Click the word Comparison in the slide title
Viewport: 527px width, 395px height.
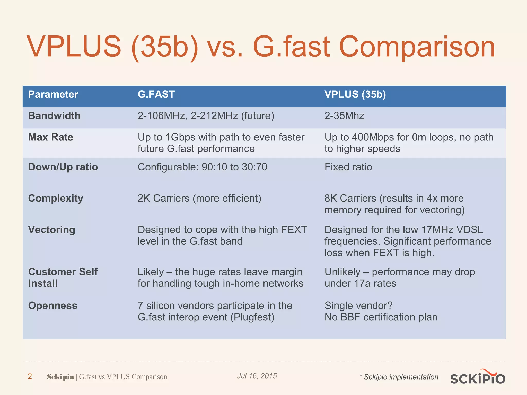click(x=417, y=47)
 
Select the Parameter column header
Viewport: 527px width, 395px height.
click(x=53, y=94)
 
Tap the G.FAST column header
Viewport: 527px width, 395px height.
click(x=156, y=94)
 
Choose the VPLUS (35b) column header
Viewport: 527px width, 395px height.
click(x=355, y=94)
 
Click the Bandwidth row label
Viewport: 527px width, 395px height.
click(x=54, y=116)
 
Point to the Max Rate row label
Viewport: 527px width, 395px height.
click(x=51, y=137)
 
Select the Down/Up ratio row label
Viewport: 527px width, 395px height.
click(x=63, y=167)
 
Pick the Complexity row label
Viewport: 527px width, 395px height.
click(x=56, y=198)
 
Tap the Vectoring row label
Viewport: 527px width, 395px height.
click(x=52, y=230)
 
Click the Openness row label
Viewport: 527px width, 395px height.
click(x=53, y=306)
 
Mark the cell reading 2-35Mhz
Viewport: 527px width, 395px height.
click(x=344, y=116)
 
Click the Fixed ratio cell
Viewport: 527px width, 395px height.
click(x=348, y=167)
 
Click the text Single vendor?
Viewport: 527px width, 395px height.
click(x=358, y=306)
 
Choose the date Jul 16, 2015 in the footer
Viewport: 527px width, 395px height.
click(x=257, y=376)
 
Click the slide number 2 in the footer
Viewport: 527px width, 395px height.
click(x=30, y=376)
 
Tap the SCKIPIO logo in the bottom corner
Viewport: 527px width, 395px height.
click(x=478, y=377)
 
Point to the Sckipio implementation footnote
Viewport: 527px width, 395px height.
click(x=399, y=377)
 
